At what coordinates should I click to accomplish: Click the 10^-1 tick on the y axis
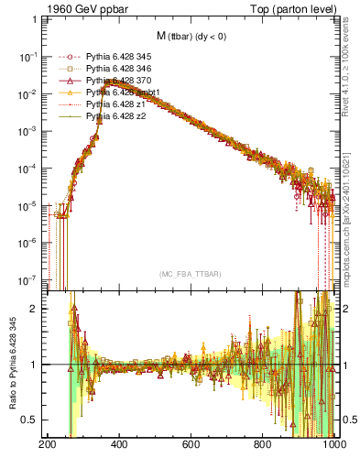pos(29,56)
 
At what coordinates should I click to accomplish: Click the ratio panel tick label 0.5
pos(32,420)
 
